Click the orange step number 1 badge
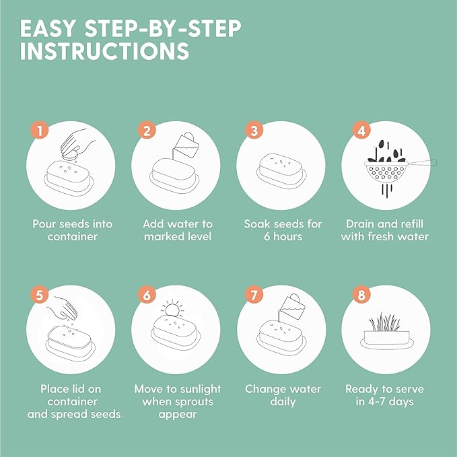click(x=39, y=130)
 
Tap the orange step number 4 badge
click(x=361, y=130)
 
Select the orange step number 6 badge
click(x=147, y=294)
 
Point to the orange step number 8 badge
click(x=361, y=294)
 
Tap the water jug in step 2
click(x=184, y=145)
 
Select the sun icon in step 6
click(x=173, y=308)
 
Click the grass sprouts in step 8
click(x=384, y=322)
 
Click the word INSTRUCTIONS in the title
click(x=104, y=50)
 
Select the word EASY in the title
click(x=48, y=28)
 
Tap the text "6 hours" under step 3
click(x=283, y=236)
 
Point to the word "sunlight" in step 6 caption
click(x=200, y=390)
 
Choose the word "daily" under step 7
click(x=283, y=402)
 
